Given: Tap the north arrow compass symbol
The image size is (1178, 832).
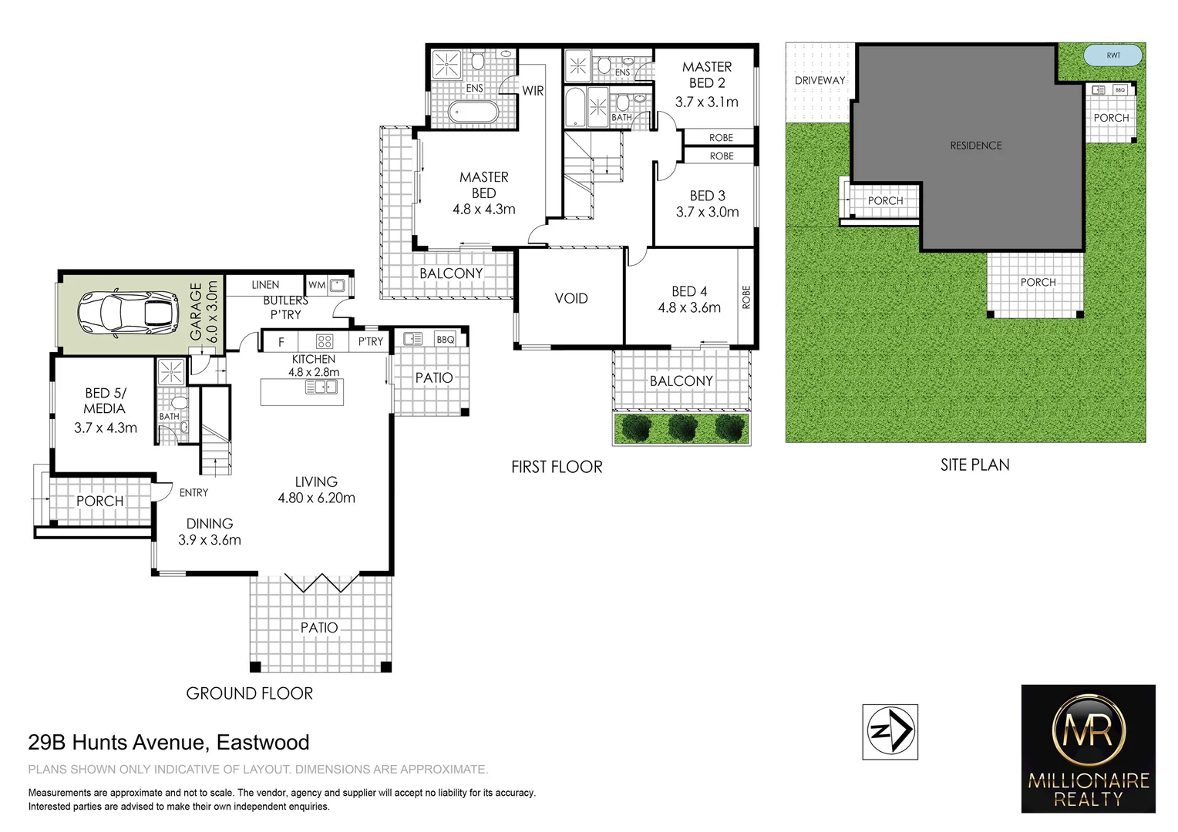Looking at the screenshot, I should point(890,731).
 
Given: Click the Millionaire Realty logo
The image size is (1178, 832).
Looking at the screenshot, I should point(1088,748).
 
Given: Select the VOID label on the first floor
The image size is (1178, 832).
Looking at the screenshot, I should point(571,299).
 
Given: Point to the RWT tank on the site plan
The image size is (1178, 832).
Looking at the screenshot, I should point(1113,55).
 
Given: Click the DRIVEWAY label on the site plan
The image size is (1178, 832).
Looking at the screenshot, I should point(820,80).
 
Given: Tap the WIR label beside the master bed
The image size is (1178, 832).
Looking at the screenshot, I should point(533,91).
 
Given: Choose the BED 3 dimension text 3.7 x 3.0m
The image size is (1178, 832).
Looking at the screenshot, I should point(707,213).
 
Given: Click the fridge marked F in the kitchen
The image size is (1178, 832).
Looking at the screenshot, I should point(281,341).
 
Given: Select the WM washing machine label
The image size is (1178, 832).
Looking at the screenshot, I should point(316,285).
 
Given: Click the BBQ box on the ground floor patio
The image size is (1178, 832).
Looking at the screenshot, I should point(445,339).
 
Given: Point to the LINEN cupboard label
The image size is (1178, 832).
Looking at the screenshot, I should point(265,285).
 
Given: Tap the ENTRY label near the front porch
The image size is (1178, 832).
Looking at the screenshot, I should point(194,493).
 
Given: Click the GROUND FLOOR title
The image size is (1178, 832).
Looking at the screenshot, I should point(249,693).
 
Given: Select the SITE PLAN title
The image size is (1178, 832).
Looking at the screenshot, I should point(974,465).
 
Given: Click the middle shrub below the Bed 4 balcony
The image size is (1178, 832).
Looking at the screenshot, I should point(682,428).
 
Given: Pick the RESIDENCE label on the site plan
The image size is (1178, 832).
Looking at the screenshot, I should point(975,146).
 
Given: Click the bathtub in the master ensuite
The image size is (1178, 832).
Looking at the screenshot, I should point(473,114).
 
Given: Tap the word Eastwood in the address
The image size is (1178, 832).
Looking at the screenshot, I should point(263,743).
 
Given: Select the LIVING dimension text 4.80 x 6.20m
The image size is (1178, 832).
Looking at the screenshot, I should point(316,498).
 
